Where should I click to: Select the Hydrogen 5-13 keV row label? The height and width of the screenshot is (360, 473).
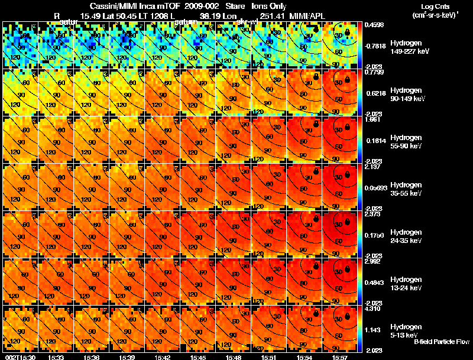pos(406,330)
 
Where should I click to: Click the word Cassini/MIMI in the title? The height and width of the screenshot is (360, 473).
pos(112,6)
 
